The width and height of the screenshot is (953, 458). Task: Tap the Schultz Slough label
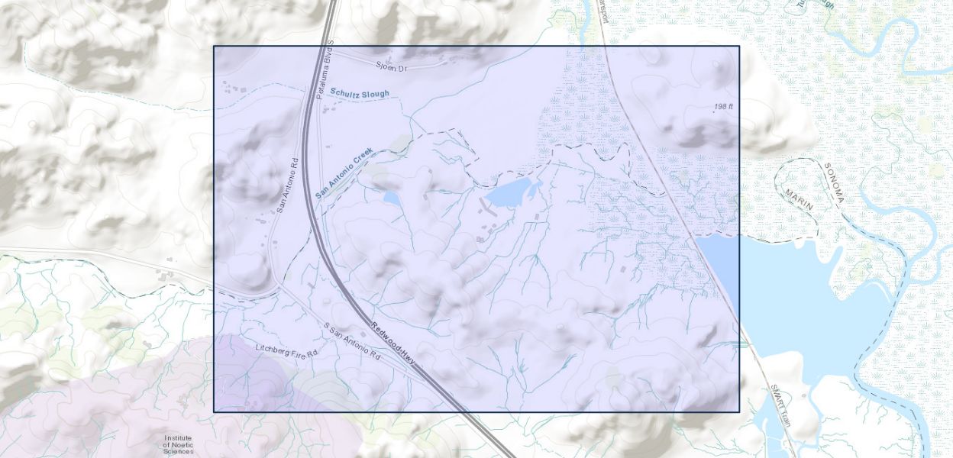point(359,93)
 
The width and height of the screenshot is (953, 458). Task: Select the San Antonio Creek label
point(344,173)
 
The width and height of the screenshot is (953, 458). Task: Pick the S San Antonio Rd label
point(351,341)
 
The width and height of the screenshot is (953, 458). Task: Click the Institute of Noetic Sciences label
point(178,444)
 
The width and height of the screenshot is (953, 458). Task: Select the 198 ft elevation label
point(723,107)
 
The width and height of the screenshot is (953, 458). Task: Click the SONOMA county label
point(835,184)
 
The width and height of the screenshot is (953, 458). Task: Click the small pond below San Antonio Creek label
point(391,198)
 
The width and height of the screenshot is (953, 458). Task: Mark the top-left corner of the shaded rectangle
point(214,46)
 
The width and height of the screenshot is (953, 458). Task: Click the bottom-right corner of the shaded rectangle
point(739,412)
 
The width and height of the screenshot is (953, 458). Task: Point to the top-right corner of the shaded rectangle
point(739,46)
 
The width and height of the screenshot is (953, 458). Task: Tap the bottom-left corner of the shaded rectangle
point(214,412)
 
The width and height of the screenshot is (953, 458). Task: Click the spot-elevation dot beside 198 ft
point(715,111)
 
